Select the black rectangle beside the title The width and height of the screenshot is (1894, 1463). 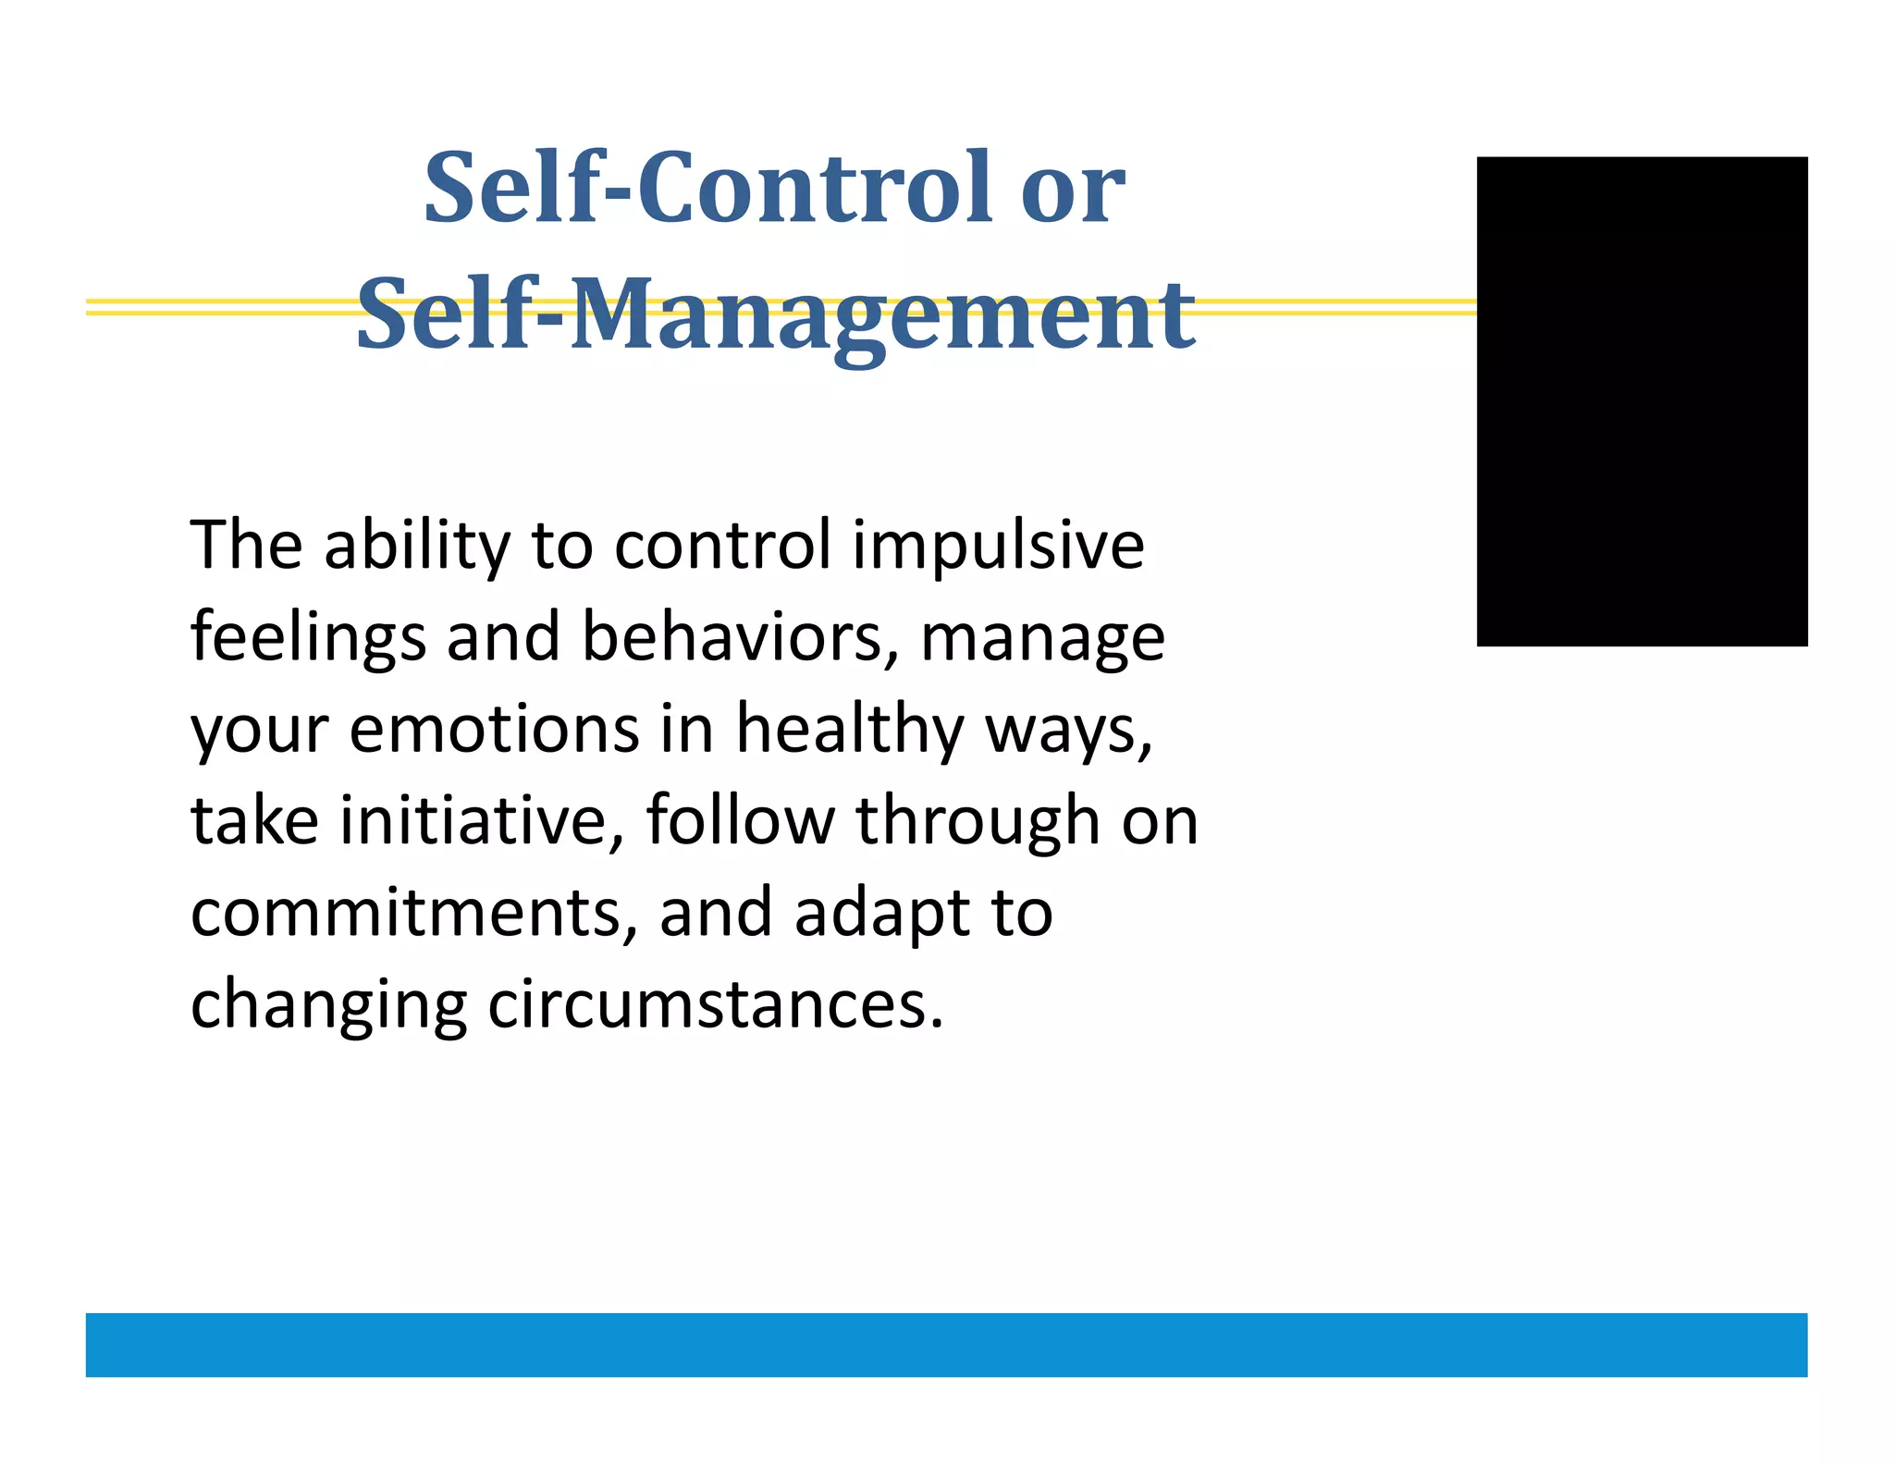1642,400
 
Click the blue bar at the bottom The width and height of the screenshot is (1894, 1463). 946,1344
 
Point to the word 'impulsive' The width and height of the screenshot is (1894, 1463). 998,545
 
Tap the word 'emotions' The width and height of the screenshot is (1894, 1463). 494,730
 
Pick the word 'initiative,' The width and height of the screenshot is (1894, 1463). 481,820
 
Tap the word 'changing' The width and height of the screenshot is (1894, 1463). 328,1005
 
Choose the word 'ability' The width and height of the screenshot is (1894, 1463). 417,545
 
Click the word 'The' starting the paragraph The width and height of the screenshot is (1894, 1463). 246,545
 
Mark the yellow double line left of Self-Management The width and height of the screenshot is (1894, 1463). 217,307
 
